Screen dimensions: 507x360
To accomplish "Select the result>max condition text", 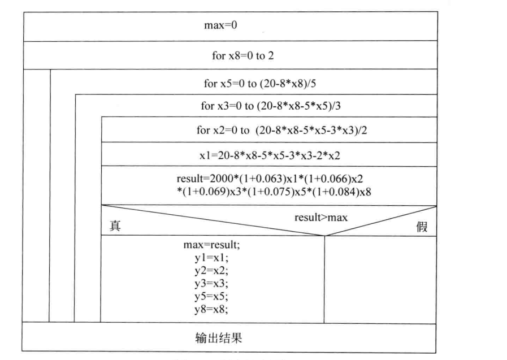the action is (x=315, y=217).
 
